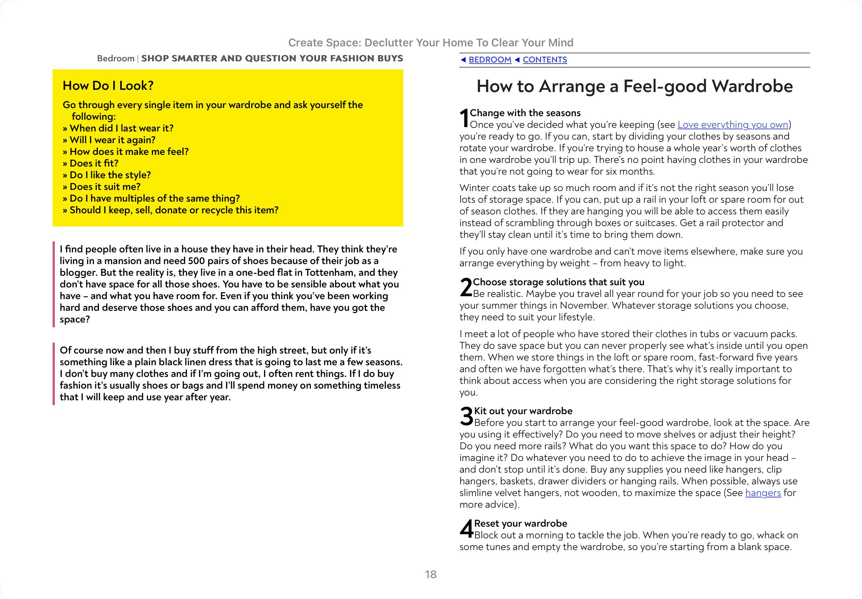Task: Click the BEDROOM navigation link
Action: pos(490,60)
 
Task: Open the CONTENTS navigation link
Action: pos(545,60)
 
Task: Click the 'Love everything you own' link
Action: pos(733,125)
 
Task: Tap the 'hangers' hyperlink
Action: pos(763,493)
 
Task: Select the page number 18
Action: pos(430,574)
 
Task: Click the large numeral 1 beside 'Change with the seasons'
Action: pos(465,118)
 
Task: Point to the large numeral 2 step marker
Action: pos(466,287)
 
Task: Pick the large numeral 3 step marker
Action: pos(466,417)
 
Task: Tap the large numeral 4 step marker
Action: pos(466,529)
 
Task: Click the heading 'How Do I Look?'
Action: pos(108,85)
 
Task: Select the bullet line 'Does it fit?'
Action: pos(94,163)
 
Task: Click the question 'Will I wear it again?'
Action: pos(112,140)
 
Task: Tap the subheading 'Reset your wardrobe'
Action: pos(520,523)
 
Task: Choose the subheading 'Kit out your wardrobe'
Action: pos(523,411)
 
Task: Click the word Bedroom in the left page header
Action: pos(115,58)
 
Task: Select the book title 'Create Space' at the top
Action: pos(324,43)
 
